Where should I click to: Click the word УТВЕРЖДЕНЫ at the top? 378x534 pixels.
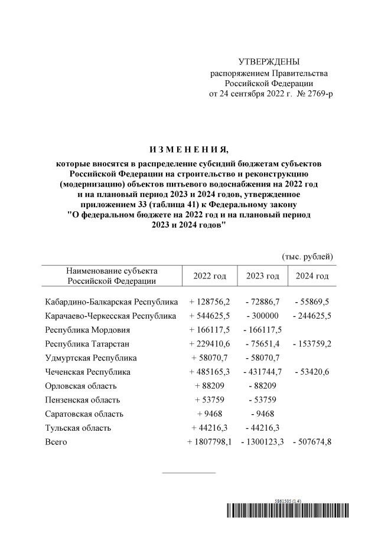point(269,62)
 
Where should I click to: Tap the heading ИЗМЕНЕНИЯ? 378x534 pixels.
point(188,148)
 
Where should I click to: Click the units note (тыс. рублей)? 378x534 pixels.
point(307,256)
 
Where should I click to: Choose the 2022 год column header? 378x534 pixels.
point(210,276)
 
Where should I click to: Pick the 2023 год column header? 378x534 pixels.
point(262,276)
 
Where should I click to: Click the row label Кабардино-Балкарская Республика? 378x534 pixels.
point(111,302)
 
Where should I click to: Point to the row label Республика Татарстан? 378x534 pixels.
point(87,344)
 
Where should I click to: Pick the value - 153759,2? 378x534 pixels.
point(311,344)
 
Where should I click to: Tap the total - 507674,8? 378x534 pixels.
point(311,443)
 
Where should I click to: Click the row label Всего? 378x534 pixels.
point(56,443)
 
